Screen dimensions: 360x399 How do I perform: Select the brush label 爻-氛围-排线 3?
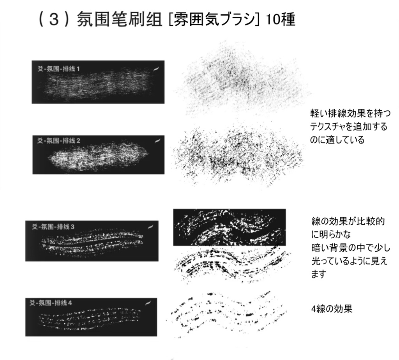pos(53,227)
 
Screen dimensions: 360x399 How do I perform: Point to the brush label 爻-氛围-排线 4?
pos(51,303)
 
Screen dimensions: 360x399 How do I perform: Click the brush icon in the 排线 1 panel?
pos(156,69)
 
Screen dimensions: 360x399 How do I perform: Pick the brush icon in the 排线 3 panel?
pos(151,227)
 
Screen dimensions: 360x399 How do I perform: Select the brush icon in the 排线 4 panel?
pos(148,303)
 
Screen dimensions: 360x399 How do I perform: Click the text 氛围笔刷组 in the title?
pos(120,19)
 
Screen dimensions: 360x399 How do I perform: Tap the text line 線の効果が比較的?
pos(348,222)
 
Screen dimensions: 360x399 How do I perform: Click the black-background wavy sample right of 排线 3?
pos(229,227)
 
